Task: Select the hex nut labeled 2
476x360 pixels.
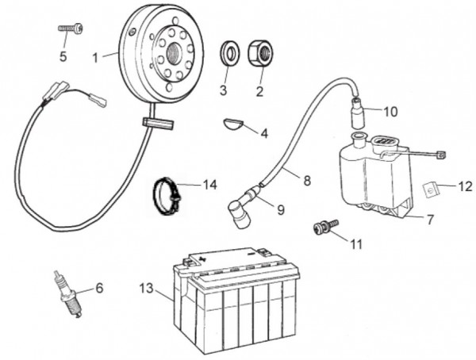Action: coord(261,53)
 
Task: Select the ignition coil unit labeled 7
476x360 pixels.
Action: coord(373,178)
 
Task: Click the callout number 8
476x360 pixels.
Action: coord(306,181)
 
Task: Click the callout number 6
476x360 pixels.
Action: coord(99,288)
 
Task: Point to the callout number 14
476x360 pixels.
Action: coord(209,185)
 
